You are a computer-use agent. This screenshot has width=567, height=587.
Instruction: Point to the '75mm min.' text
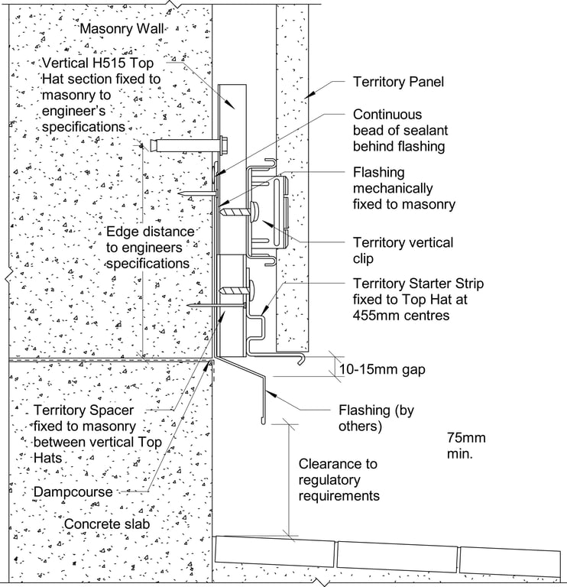coord(465,446)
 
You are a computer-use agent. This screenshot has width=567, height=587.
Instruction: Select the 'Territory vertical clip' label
coord(402,250)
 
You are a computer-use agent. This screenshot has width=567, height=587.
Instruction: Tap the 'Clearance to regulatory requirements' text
coord(339,479)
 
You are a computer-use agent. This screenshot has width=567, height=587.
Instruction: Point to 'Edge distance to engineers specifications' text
coord(148,247)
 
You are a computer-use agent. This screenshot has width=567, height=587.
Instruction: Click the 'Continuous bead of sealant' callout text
coord(398,130)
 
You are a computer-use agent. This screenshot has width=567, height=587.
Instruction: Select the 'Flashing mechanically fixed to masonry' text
coord(403,188)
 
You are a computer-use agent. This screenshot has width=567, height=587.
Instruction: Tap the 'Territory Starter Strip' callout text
coord(417,298)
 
